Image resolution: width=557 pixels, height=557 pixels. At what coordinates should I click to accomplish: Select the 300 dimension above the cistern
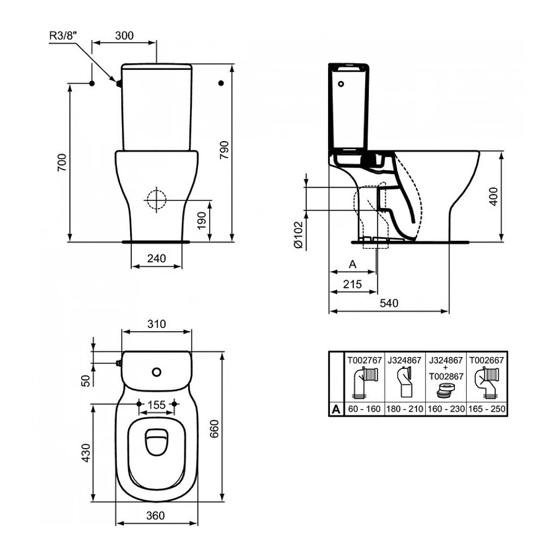(x=124, y=36)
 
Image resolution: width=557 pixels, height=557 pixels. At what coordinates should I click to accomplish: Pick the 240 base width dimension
(x=157, y=259)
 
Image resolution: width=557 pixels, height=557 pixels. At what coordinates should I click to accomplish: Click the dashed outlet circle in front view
(x=157, y=199)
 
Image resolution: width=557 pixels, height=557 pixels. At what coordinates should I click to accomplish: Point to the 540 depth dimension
(x=388, y=303)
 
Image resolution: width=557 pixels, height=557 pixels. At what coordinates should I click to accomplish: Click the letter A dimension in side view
(x=352, y=264)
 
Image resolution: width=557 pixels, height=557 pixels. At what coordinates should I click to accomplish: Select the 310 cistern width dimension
(x=157, y=324)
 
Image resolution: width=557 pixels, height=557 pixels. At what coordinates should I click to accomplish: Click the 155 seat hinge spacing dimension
(x=157, y=405)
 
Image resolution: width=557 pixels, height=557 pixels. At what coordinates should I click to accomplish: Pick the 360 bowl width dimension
(x=157, y=516)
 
